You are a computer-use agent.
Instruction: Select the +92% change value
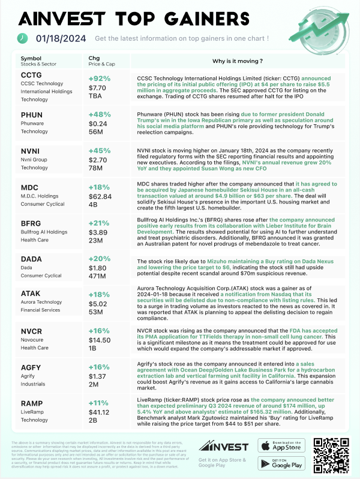[99, 78]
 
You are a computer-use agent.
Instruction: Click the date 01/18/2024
[61, 38]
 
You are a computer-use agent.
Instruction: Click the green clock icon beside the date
[22, 38]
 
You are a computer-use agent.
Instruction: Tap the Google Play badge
[280, 465]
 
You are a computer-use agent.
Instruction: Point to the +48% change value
[99, 115]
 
